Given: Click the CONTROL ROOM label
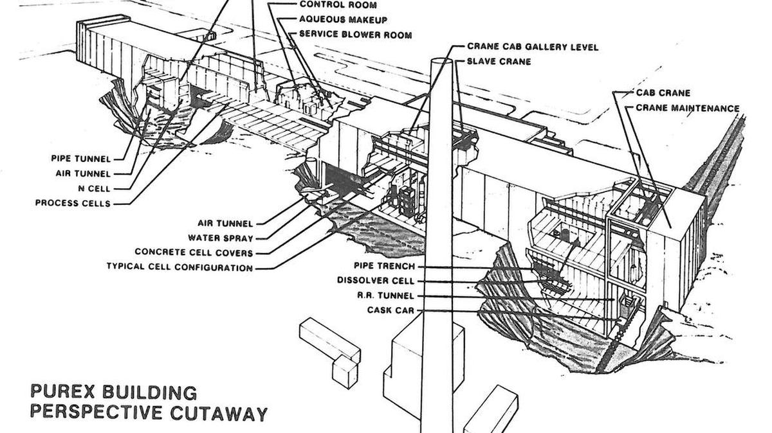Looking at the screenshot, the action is (x=338, y=5).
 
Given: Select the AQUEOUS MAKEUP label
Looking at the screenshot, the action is (x=344, y=20).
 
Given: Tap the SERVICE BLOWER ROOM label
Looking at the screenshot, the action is (x=355, y=35).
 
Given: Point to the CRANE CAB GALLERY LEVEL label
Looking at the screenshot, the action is (x=533, y=47).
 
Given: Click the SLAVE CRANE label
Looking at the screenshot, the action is (x=499, y=62).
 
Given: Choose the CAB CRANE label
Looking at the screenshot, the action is (x=663, y=93).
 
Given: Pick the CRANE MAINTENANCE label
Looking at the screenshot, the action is (x=688, y=108).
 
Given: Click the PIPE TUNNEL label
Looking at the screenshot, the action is (x=81, y=159).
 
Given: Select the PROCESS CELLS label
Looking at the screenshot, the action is (x=73, y=203).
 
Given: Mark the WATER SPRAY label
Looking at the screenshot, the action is (x=221, y=238).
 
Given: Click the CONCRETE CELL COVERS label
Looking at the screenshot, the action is (x=194, y=252).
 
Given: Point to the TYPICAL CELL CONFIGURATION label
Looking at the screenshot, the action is (x=179, y=267).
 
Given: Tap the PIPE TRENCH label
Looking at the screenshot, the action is (x=384, y=266).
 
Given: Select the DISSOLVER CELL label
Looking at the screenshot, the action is (x=375, y=281).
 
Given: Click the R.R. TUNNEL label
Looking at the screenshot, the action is (x=385, y=296).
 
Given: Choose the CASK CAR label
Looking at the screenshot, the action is (x=391, y=310).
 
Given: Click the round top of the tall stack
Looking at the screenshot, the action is (x=441, y=62).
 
